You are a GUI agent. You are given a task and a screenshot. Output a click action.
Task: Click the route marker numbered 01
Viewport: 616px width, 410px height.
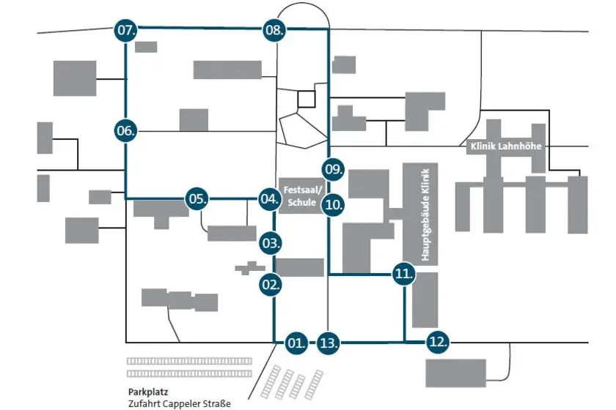(296, 343)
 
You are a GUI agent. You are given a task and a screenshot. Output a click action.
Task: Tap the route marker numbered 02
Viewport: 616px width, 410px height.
(271, 285)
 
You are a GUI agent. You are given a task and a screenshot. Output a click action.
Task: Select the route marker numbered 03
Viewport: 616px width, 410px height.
(271, 243)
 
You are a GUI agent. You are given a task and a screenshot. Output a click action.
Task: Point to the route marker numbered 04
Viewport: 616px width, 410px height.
(270, 199)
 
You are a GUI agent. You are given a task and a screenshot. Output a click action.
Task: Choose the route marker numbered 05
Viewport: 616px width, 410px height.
(197, 199)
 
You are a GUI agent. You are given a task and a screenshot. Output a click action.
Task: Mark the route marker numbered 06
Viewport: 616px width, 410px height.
(125, 130)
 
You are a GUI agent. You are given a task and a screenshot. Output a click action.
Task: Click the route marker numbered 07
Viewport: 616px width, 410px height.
(125, 30)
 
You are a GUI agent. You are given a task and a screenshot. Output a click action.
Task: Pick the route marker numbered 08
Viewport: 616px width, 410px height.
(274, 30)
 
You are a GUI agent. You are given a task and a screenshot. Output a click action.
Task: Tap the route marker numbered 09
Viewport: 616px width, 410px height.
(333, 170)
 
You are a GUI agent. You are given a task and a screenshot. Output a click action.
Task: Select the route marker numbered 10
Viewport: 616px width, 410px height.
(333, 204)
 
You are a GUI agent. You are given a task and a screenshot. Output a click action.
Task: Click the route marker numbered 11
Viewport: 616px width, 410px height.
(403, 274)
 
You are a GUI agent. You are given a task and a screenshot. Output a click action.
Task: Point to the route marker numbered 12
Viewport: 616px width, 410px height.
(437, 342)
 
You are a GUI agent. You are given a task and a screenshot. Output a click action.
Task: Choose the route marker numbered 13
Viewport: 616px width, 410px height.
(328, 343)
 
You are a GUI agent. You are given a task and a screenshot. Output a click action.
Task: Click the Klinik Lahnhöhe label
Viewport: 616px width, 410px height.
(506, 146)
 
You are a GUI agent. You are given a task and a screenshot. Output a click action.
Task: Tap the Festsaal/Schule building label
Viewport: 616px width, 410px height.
(302, 196)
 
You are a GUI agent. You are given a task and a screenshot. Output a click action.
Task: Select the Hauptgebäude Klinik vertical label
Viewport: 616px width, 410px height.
(425, 215)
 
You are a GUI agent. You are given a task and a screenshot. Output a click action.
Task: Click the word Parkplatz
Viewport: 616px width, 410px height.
(148, 392)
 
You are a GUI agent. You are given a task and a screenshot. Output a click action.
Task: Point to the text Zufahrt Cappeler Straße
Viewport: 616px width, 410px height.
(180, 403)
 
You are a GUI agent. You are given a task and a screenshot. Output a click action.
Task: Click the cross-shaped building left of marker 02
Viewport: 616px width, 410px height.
(250, 269)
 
